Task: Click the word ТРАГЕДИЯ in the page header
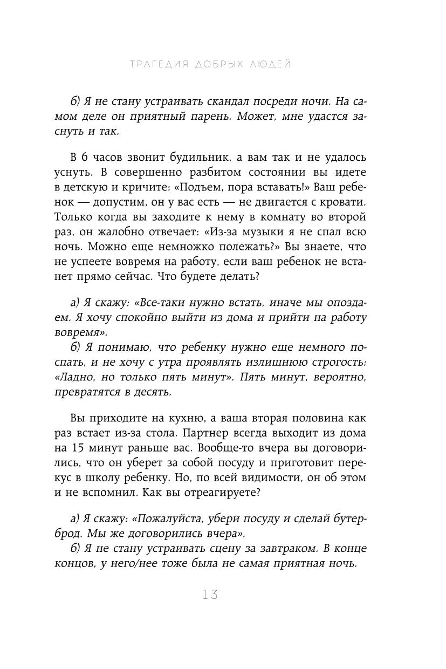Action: [x=159, y=64]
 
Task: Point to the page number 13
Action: [x=210, y=595]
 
